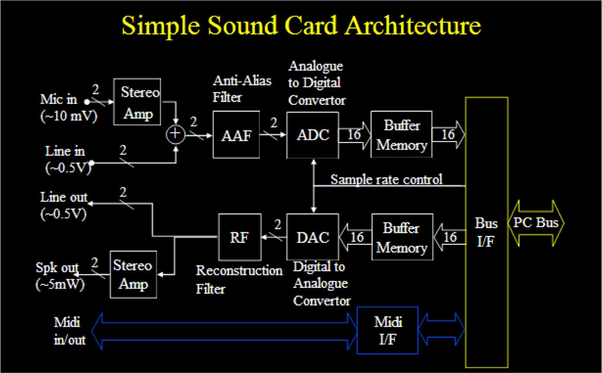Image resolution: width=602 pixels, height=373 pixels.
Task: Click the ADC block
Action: [312, 135]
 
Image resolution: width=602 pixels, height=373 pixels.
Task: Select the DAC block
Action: [312, 237]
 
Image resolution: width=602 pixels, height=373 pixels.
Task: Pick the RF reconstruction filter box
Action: [240, 237]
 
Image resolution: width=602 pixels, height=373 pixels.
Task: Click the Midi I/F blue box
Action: [387, 330]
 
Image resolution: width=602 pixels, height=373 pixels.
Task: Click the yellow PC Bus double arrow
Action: [536, 223]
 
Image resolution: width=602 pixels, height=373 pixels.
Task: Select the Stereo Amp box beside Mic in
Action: [137, 102]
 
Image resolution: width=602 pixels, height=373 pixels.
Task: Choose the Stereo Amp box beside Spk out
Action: [133, 274]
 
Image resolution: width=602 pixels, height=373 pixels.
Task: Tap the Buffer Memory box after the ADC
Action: [401, 135]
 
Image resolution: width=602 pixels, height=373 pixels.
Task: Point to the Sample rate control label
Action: [386, 179]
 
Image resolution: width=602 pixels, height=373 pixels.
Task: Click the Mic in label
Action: [58, 99]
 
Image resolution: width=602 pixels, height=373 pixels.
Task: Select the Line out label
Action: [64, 197]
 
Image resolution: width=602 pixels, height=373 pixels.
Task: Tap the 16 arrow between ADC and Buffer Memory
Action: [355, 135]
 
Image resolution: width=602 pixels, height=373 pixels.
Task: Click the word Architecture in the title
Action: [412, 25]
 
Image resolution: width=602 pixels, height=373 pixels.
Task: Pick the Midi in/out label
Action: [69, 331]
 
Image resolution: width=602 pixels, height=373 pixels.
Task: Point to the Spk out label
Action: [57, 268]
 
